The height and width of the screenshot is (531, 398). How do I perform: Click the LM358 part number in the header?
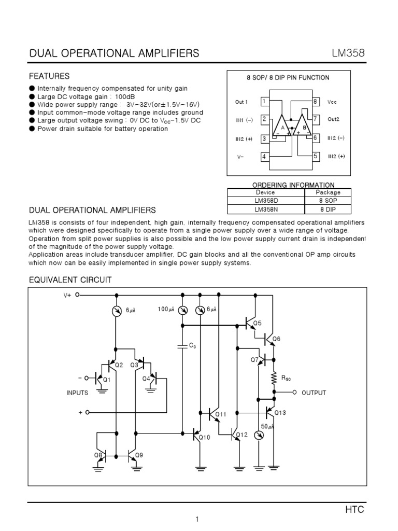click(x=348, y=53)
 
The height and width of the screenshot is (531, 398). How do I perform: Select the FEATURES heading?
click(x=49, y=76)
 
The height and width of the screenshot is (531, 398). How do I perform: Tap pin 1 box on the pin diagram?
click(x=264, y=102)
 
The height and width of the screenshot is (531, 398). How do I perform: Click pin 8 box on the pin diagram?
click(x=315, y=102)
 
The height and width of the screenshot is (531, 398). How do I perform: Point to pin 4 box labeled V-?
click(x=264, y=156)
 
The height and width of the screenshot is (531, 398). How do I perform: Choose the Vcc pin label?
click(x=332, y=102)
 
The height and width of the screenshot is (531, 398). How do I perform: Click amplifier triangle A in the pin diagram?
click(x=282, y=127)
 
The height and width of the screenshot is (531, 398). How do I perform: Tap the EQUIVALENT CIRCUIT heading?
click(x=69, y=280)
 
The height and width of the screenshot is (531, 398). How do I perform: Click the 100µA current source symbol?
click(x=182, y=310)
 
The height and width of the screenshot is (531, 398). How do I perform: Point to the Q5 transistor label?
click(x=257, y=324)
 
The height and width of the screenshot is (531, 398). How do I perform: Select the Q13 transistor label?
click(x=280, y=413)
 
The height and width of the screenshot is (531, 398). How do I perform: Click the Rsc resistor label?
click(x=286, y=379)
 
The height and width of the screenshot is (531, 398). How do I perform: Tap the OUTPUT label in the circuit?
click(x=314, y=393)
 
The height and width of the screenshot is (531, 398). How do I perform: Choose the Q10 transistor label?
click(x=205, y=437)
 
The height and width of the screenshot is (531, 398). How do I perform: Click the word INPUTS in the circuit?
click(x=77, y=393)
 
